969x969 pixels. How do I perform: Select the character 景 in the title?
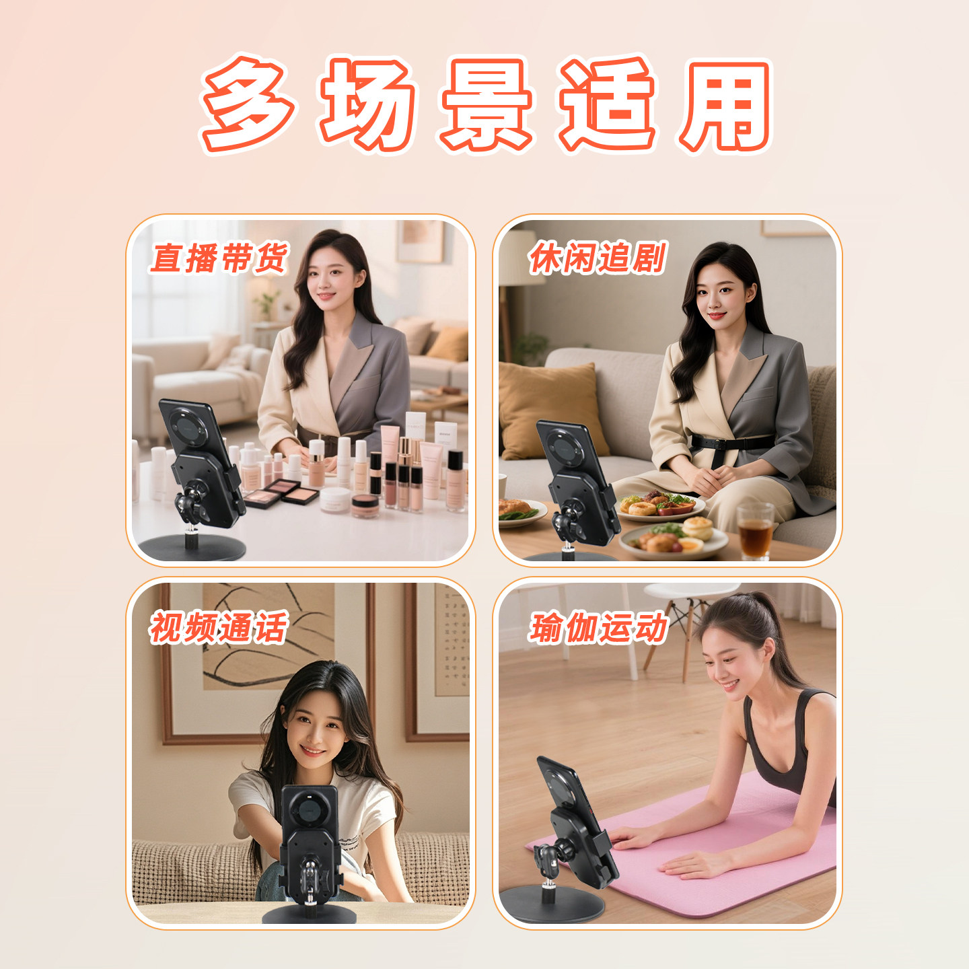[486, 104]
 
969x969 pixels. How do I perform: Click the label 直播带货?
[219, 258]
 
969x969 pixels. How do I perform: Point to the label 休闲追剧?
[598, 258]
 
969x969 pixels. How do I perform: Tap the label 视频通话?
[219, 627]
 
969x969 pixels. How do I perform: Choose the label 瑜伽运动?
[598, 628]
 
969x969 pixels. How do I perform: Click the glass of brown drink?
[755, 531]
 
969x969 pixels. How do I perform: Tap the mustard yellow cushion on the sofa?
[548, 410]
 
